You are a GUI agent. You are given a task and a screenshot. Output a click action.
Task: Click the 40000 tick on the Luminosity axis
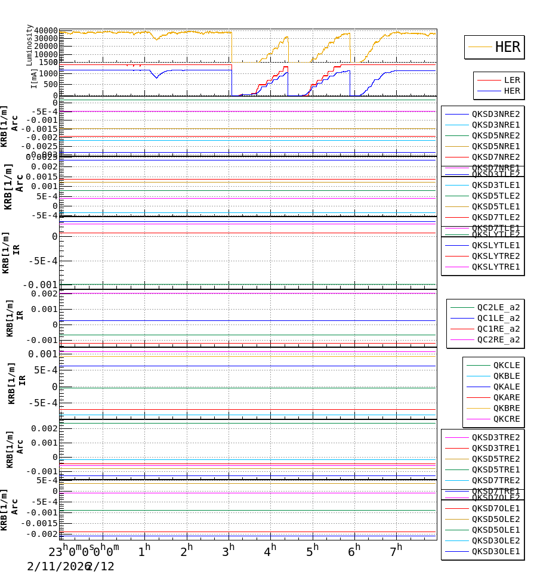pyautogui.click(x=46, y=31)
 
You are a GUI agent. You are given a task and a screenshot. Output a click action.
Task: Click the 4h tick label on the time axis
pyautogui.click(x=271, y=548)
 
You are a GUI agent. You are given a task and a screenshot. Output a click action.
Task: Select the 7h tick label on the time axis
pyautogui.click(x=397, y=548)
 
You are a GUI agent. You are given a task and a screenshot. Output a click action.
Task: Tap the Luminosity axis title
pyautogui.click(x=29, y=44)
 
